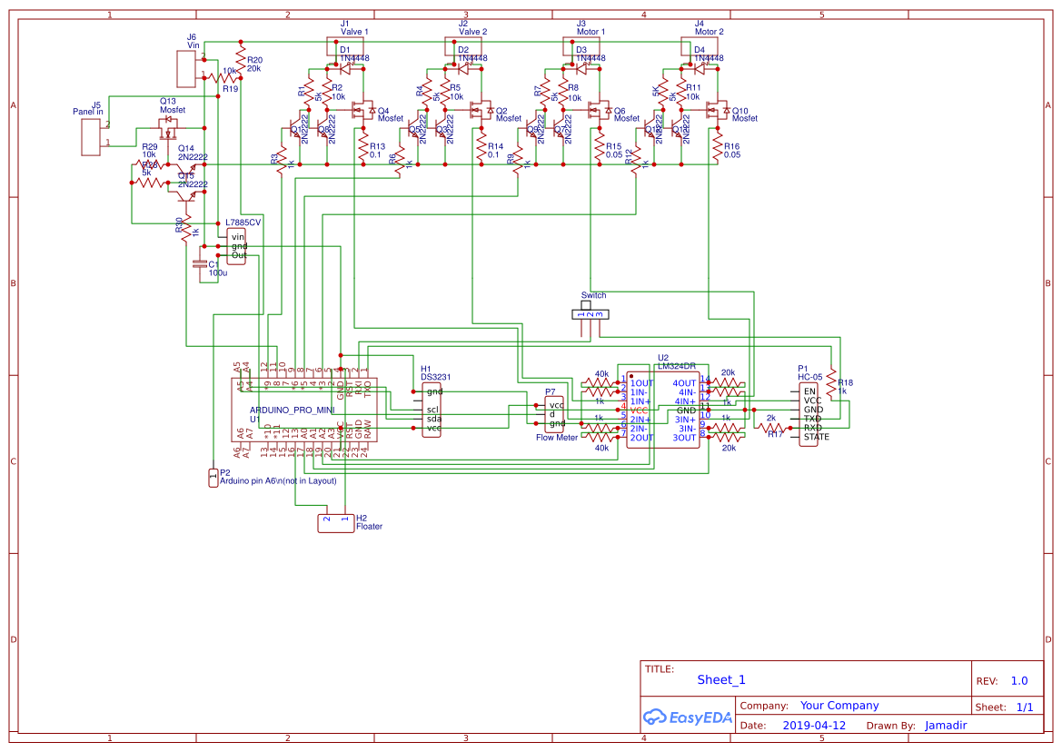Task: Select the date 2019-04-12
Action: pyautogui.click(x=814, y=726)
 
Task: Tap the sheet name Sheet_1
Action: pyautogui.click(x=721, y=679)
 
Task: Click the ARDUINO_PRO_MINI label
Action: pyautogui.click(x=293, y=410)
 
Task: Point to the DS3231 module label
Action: pyautogui.click(x=435, y=377)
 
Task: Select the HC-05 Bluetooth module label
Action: pyautogui.click(x=810, y=377)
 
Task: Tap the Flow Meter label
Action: pyautogui.click(x=557, y=437)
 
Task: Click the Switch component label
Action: pyautogui.click(x=592, y=295)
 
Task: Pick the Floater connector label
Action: pyautogui.click(x=369, y=526)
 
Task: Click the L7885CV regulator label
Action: pyautogui.click(x=243, y=222)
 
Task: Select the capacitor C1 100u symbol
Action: pyautogui.click(x=201, y=265)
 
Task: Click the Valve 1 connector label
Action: pyautogui.click(x=354, y=31)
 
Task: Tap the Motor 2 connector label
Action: pyautogui.click(x=709, y=31)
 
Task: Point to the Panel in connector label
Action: pyautogui.click(x=88, y=112)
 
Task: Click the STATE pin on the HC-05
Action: pyautogui.click(x=816, y=437)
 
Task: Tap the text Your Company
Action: pyautogui.click(x=839, y=706)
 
